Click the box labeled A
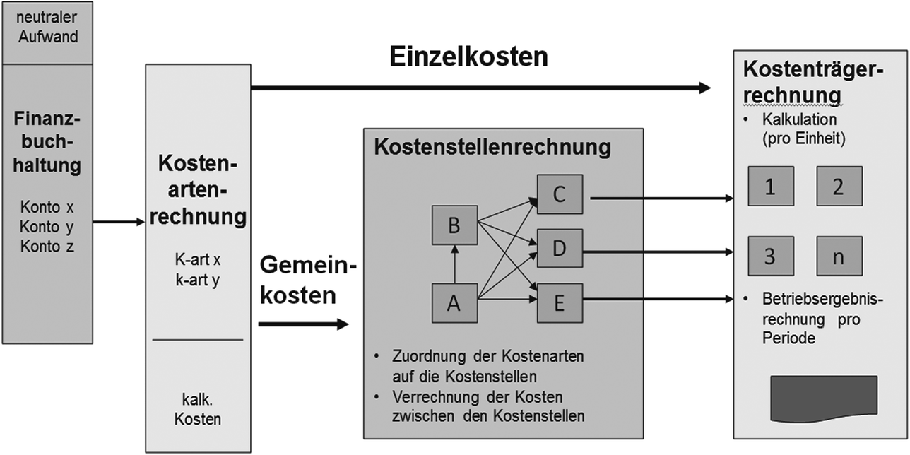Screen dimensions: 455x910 (455, 302)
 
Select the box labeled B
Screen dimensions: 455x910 (455, 226)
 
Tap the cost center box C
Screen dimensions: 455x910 (560, 195)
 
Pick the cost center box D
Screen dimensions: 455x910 (560, 249)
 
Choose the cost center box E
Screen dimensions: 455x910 (560, 303)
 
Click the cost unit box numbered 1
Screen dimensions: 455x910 (770, 187)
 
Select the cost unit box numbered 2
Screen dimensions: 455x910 (839, 187)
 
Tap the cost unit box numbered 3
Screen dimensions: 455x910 (770, 256)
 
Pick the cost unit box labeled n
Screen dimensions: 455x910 (839, 256)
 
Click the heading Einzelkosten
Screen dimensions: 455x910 (468, 57)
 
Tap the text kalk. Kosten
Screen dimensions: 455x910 (197, 409)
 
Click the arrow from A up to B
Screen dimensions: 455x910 (456, 264)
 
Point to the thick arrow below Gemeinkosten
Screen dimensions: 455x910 (304, 324)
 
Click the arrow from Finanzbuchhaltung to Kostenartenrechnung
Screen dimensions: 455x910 (118, 223)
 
